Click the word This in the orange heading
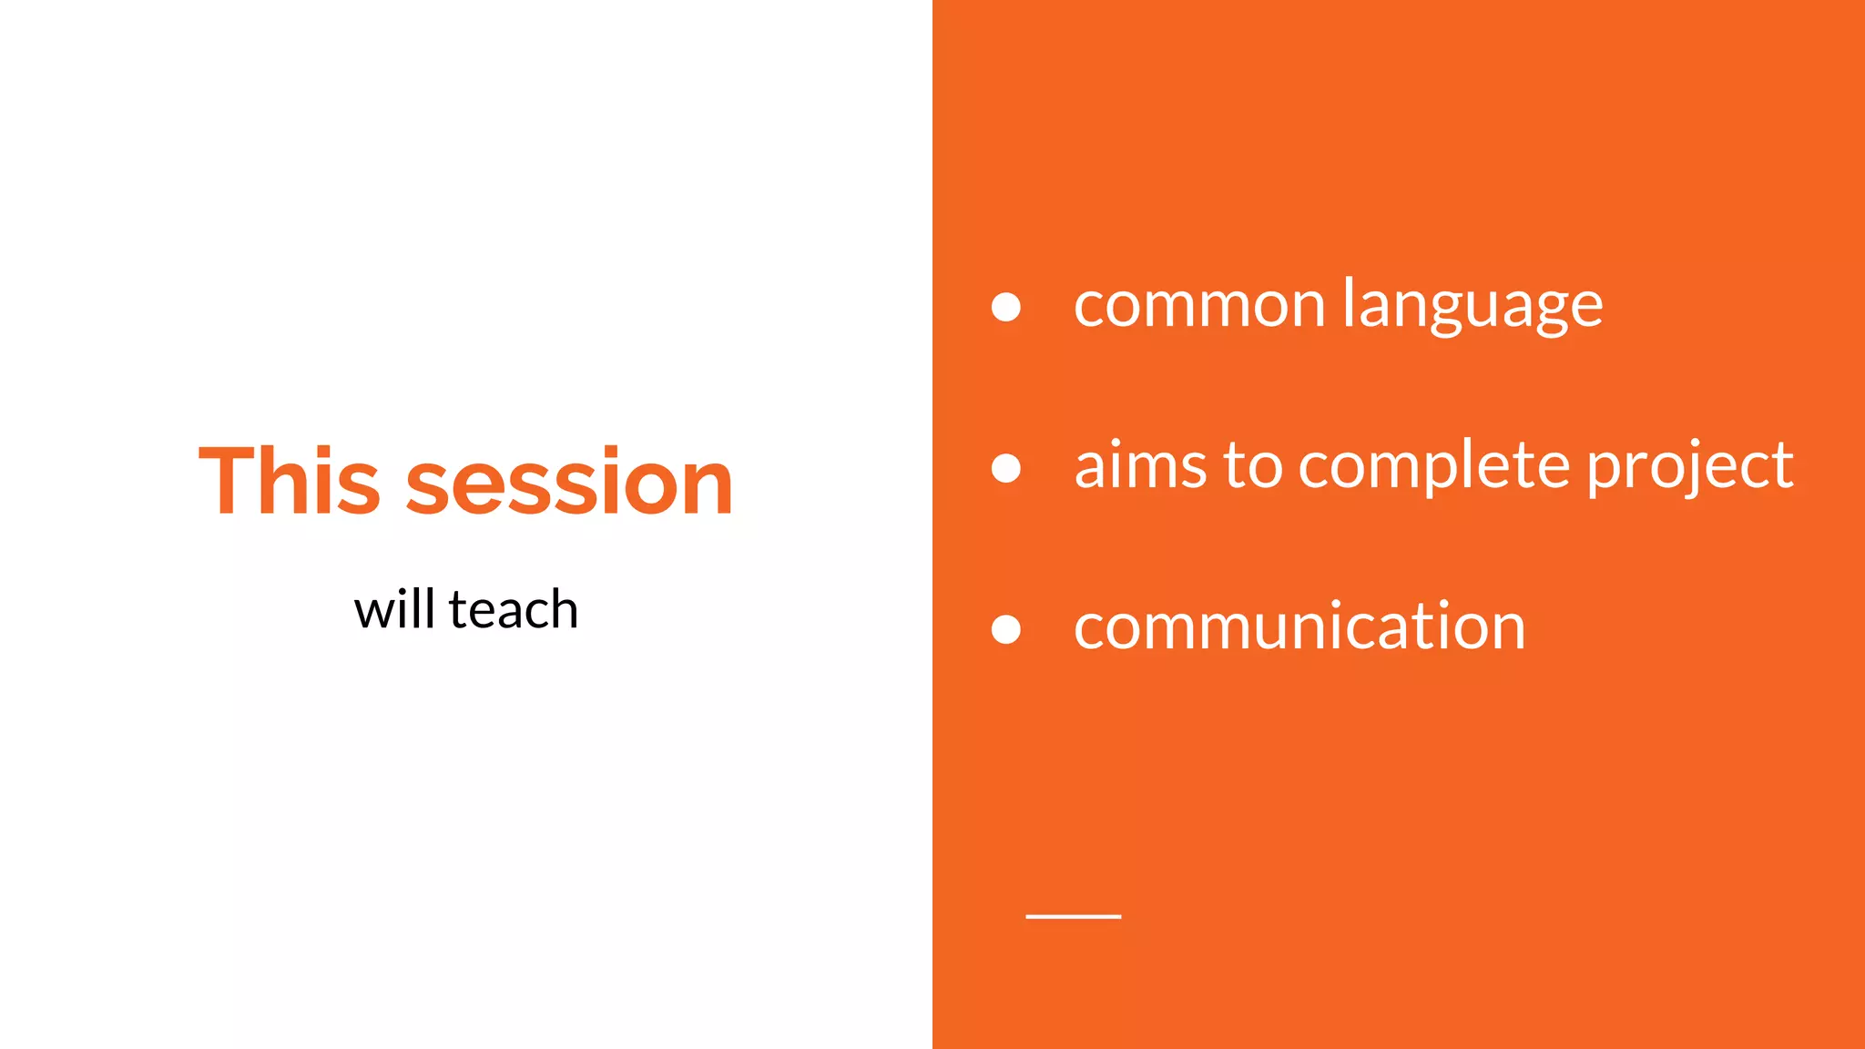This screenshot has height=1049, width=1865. coord(289,482)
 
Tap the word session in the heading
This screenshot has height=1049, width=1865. coord(569,482)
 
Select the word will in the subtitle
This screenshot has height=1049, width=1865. coord(393,609)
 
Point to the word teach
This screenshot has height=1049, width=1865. coord(514,609)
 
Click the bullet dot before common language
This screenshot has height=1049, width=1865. coord(1005,307)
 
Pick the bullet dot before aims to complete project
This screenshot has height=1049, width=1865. coord(1005,468)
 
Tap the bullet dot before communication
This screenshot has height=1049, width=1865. coord(1005,629)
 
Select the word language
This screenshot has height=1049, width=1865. coord(1473,306)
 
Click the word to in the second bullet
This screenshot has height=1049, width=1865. coord(1252,465)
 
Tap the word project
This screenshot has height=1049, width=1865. coord(1690,465)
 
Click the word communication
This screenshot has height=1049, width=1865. coord(1299,626)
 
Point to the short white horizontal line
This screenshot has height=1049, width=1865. coord(1073,916)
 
